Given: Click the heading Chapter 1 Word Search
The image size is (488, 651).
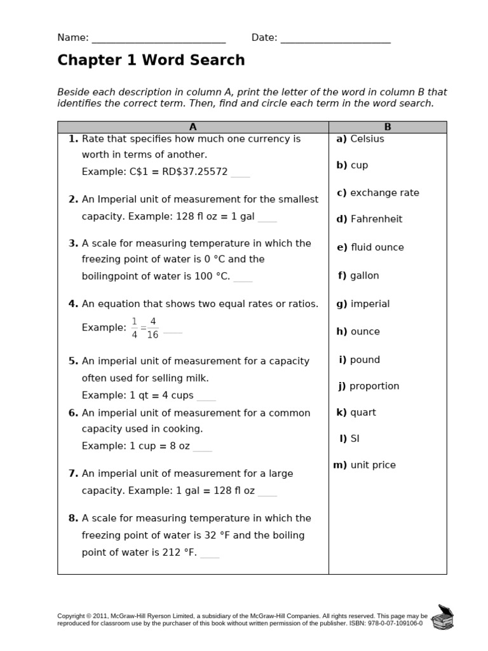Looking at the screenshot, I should click(151, 60).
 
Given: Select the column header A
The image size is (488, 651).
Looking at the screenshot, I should click(193, 127).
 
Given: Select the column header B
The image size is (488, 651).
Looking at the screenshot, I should click(388, 127).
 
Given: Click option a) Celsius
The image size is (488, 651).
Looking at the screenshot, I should click(360, 139).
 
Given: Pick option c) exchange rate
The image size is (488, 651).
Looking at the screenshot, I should click(378, 193).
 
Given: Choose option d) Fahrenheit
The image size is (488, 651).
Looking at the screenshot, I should click(369, 219).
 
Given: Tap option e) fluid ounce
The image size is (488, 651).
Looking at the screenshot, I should click(370, 247).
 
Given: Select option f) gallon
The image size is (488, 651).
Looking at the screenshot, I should click(358, 275).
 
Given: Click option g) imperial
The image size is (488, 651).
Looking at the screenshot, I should click(363, 304).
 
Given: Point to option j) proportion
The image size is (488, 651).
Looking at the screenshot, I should click(369, 386).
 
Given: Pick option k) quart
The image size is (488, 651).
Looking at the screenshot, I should click(356, 412).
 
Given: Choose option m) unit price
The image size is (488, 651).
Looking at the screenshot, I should click(365, 465).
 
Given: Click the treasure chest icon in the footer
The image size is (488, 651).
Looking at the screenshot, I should click(442, 617).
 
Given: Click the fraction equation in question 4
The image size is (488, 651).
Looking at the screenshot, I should click(146, 327).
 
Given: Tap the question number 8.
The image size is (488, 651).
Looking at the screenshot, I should click(73, 518).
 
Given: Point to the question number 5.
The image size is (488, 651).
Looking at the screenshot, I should click(73, 360).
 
